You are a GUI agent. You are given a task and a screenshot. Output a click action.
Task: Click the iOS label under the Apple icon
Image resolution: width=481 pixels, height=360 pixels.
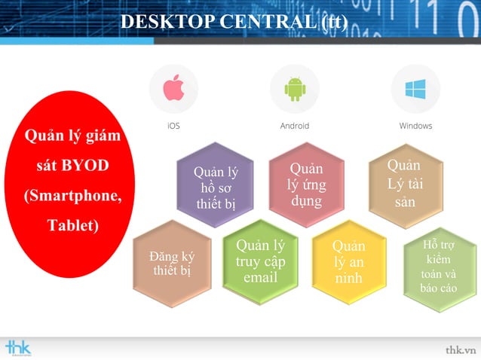click(173, 126)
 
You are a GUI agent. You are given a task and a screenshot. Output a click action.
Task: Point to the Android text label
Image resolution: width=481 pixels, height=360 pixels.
click(294, 126)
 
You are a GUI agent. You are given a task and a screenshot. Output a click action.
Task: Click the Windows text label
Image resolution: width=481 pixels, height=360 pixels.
click(415, 126)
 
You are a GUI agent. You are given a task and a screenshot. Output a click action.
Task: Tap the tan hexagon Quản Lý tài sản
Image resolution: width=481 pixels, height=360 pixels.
click(404, 183)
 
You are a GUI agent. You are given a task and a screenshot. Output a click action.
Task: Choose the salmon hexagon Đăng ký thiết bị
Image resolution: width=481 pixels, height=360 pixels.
click(172, 263)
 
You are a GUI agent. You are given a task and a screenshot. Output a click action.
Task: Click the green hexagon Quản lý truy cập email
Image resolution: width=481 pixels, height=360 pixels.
click(260, 261)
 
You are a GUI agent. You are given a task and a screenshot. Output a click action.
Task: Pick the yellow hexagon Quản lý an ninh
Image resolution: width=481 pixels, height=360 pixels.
click(348, 262)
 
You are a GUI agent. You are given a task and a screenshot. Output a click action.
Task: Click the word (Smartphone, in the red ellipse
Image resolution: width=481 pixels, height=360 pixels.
click(72, 195)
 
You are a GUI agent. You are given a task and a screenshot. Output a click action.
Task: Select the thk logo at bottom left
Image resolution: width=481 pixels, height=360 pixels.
click(17, 347)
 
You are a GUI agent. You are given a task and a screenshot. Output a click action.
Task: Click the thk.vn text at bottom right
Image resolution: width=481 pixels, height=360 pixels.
click(460, 349)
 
